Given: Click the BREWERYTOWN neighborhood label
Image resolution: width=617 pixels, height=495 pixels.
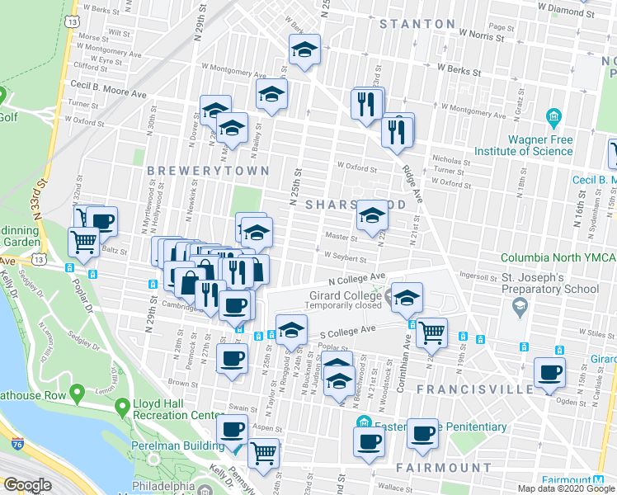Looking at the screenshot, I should pyautogui.click(x=208, y=171).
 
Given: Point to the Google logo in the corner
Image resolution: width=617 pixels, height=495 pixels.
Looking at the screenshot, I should pyautogui.click(x=27, y=485).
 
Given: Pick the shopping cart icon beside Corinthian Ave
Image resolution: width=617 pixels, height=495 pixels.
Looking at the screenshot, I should pyautogui.click(x=431, y=332).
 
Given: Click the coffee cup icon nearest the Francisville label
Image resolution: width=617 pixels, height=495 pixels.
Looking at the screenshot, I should pyautogui.click(x=549, y=372).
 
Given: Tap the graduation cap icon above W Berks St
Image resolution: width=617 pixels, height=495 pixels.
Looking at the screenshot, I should pyautogui.click(x=304, y=51).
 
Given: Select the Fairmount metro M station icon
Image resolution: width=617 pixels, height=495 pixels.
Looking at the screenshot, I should pyautogui.click(x=599, y=480).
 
